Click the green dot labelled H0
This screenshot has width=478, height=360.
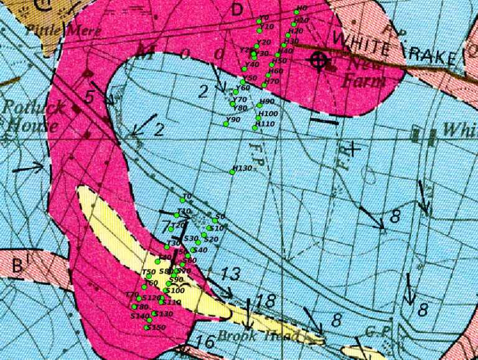coord(296,12)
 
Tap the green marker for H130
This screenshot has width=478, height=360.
coord(232,172)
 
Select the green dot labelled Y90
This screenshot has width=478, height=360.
coord(226,123)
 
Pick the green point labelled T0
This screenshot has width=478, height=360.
coord(182,200)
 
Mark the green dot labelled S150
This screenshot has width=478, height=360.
coord(147,328)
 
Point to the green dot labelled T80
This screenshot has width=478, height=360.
coord(134,307)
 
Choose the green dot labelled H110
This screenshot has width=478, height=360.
coord(255,127)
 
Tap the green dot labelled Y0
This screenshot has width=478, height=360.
coord(259,21)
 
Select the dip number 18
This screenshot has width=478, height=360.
coord(265,302)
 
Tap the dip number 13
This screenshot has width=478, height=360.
coord(230,274)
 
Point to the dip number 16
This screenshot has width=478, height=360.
coord(205,342)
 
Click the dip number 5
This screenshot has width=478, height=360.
coord(90,96)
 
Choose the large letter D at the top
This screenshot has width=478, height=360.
coord(237,9)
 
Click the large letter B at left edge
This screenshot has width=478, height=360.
coord(17,266)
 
